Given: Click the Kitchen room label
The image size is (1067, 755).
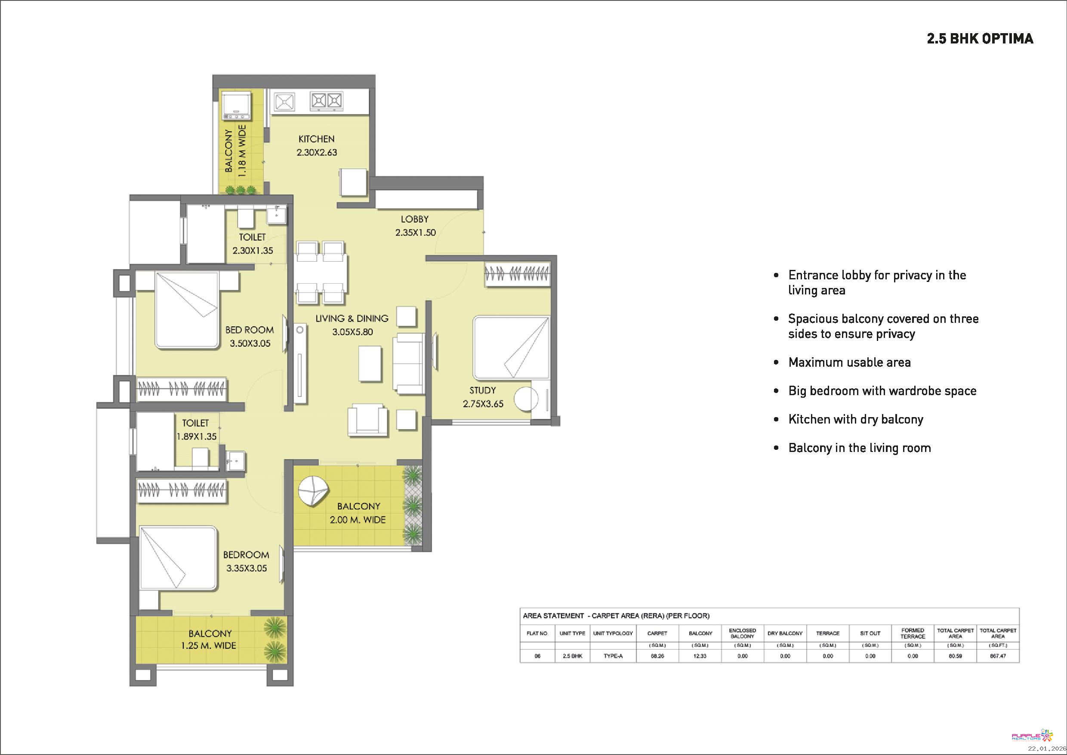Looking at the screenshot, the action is click(317, 139).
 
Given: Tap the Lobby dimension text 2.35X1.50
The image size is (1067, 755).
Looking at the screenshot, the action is click(416, 232).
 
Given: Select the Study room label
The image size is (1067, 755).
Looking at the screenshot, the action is click(482, 390).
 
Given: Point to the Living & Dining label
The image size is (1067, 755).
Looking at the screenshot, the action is click(352, 319).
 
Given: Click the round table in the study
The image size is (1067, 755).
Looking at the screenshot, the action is click(526, 399).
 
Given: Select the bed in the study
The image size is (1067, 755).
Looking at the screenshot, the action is click(511, 348).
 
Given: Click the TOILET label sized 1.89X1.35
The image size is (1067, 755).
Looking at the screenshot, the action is click(196, 423).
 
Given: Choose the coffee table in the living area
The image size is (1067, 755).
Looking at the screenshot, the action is click(370, 364).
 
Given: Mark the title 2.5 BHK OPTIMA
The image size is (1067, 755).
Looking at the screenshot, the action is click(980, 39).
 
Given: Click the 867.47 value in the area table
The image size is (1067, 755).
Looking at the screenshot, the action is click(998, 656).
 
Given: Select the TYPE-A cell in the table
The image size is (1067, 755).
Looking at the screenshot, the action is click(613, 656).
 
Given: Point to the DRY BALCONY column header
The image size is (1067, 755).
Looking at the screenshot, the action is click(785, 633).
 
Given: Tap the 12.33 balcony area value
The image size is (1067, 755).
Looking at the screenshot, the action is click(700, 656).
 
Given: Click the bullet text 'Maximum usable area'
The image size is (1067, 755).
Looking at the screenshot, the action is click(849, 362).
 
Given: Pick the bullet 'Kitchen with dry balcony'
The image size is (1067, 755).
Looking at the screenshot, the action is click(856, 419).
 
